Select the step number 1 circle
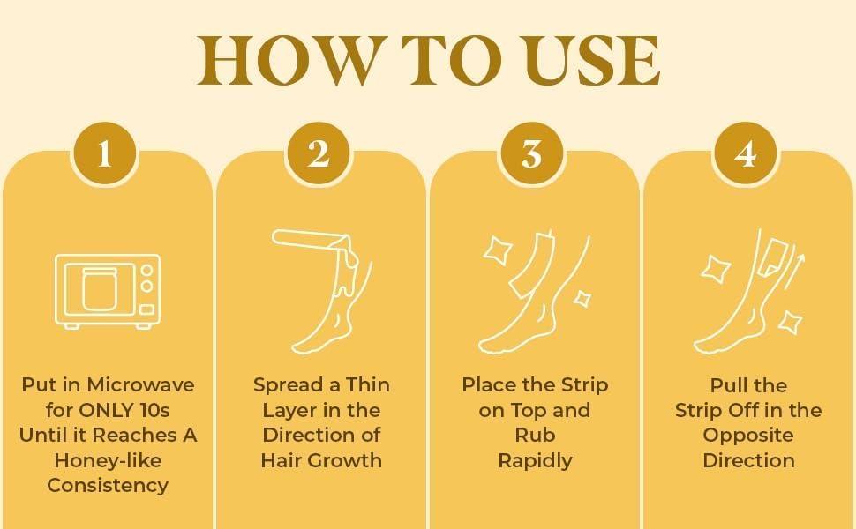point(105,154)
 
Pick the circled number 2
point(319,154)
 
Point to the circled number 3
point(532,154)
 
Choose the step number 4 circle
point(746,154)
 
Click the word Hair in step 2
point(282,460)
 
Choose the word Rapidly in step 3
point(535,460)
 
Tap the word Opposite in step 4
point(748,436)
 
